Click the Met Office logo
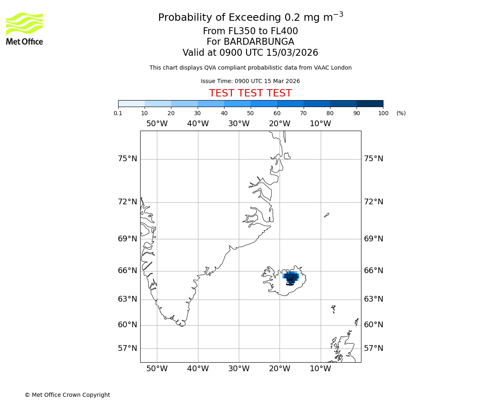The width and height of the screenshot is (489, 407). point(24,28)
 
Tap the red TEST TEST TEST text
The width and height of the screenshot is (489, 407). point(250,93)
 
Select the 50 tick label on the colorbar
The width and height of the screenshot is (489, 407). point(251,113)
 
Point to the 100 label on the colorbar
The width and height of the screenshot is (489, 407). point(383,113)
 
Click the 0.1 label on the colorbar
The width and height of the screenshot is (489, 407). point(118,113)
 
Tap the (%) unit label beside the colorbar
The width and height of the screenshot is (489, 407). point(401,113)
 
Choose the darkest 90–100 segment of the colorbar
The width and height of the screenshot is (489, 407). point(370,103)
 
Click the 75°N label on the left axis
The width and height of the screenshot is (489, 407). point(128,159)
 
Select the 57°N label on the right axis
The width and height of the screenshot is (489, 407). point(373,348)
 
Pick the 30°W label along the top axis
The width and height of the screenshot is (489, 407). point(239,124)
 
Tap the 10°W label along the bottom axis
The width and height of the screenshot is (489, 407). point(320,369)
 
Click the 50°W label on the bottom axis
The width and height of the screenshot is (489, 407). point(157,369)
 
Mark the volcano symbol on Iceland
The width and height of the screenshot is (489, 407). point(290,280)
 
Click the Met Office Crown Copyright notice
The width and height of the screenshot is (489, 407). point(67,395)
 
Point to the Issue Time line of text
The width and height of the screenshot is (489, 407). point(250,81)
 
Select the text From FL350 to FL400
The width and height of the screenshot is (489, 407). point(250,31)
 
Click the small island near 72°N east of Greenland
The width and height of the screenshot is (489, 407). point(326,215)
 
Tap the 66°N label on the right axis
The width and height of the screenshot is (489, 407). point(373,271)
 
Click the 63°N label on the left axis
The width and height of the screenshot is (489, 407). point(128,299)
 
